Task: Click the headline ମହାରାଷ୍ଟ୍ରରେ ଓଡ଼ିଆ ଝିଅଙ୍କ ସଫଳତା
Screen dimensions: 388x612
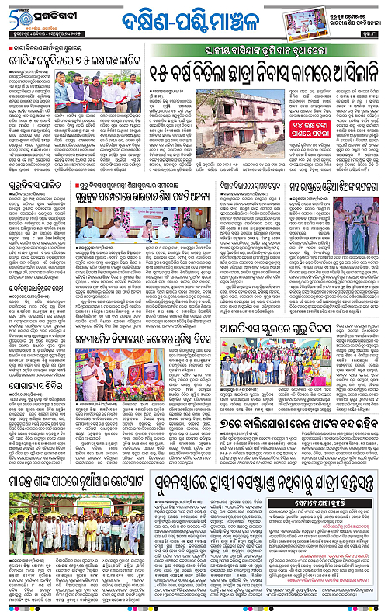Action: (x=336, y=187)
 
